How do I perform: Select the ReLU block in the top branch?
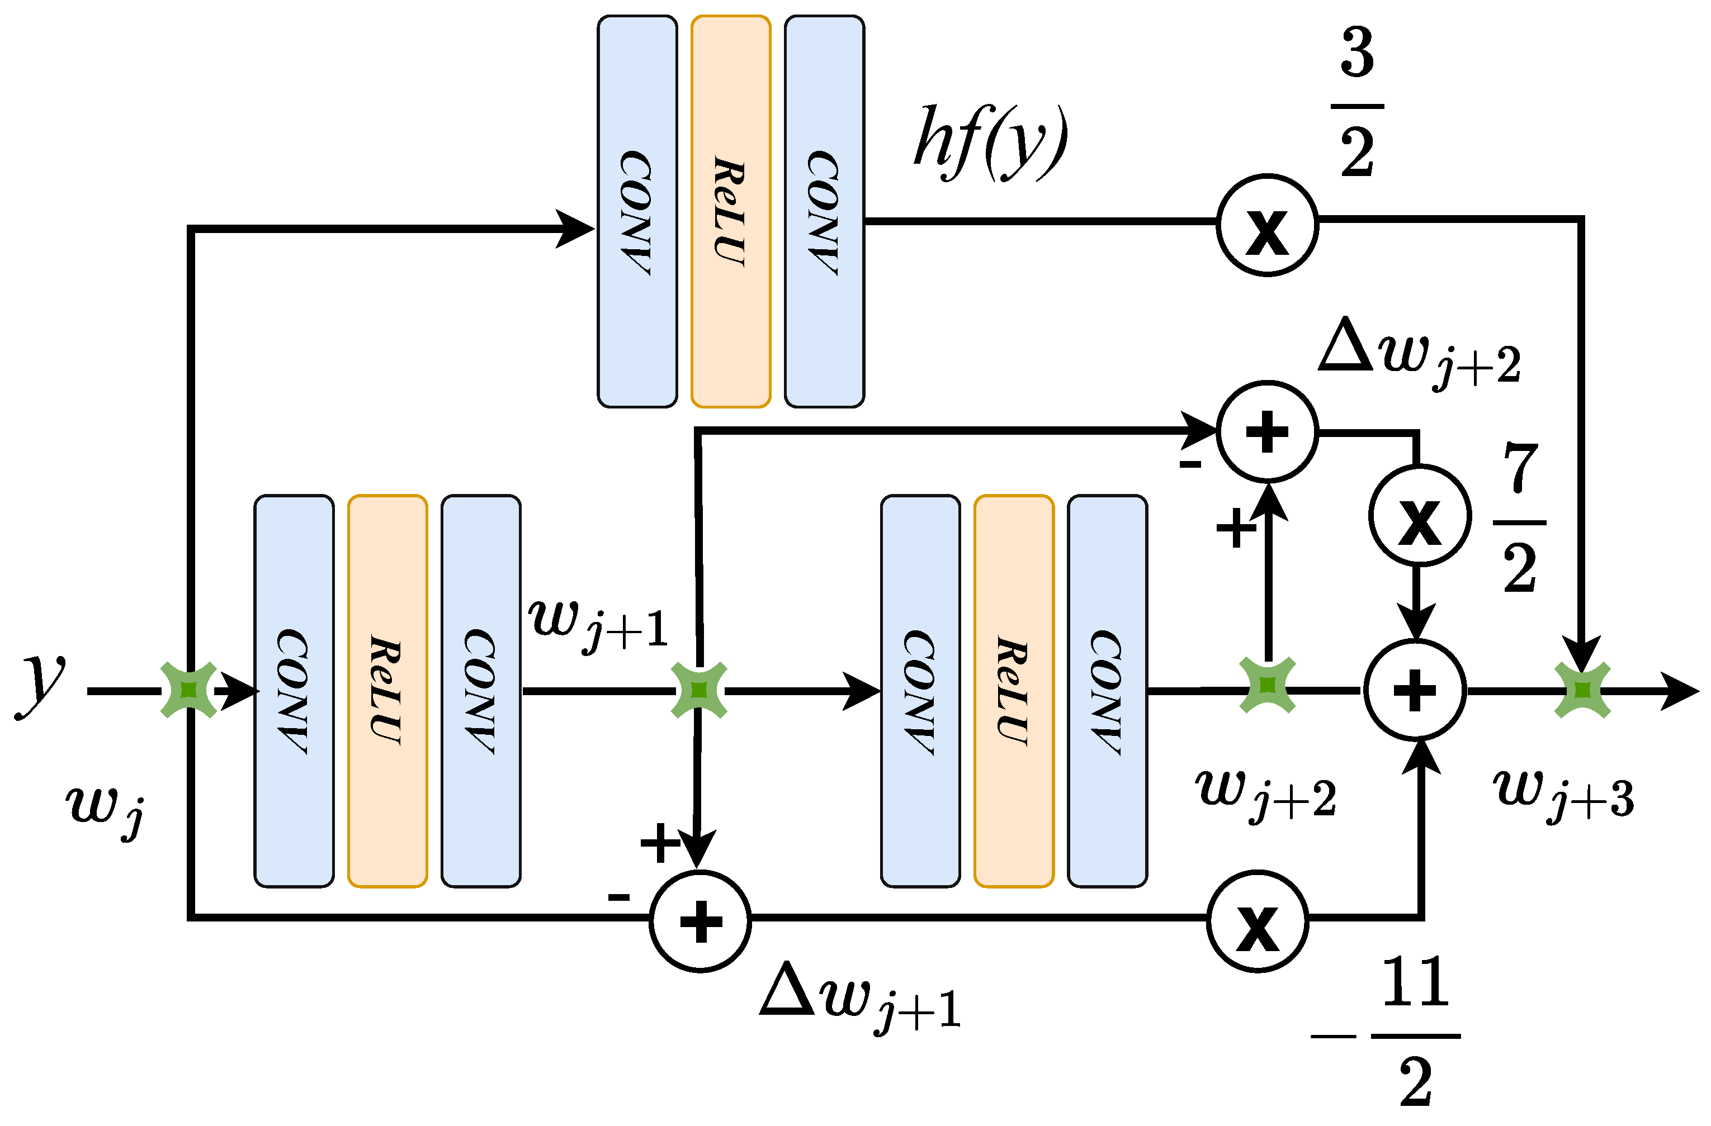[x=730, y=211]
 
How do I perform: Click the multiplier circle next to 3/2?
[x=1266, y=225]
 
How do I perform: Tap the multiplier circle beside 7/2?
[x=1419, y=515]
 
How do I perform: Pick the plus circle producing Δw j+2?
[x=1266, y=432]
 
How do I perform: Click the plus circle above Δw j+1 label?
[x=700, y=921]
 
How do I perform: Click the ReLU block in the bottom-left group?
[x=387, y=691]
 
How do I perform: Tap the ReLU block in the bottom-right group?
[x=1014, y=691]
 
